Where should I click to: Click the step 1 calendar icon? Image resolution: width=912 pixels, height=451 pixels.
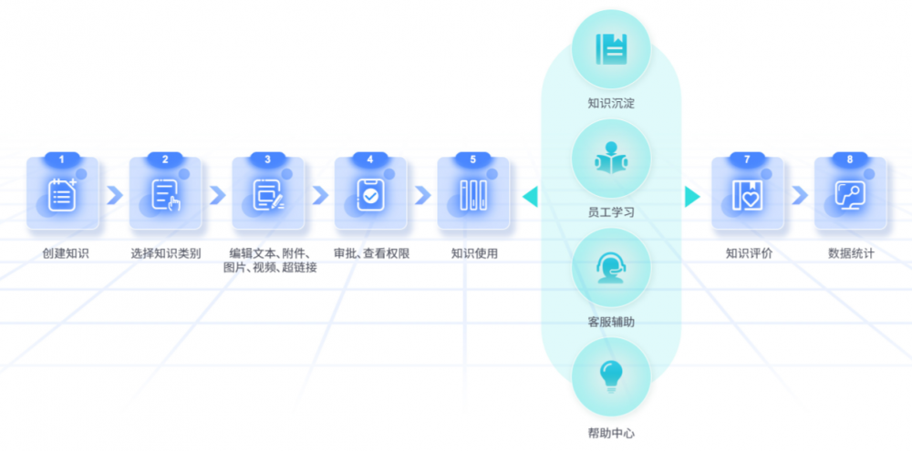pyautogui.click(x=63, y=195)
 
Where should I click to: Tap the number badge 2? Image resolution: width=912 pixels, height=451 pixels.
pyautogui.click(x=165, y=159)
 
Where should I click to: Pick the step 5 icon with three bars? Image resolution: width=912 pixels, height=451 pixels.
pyautogui.click(x=473, y=195)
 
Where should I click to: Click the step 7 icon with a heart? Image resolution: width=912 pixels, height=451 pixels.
pyautogui.click(x=748, y=195)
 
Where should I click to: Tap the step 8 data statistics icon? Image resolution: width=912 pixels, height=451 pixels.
pyautogui.click(x=850, y=195)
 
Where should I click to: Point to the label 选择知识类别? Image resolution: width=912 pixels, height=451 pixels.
pyautogui.click(x=166, y=253)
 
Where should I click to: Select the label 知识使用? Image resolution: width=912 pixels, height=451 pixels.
pyautogui.click(x=474, y=253)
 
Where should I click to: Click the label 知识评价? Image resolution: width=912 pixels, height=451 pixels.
pyautogui.click(x=749, y=253)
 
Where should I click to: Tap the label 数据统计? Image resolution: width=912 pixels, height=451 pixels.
pyautogui.click(x=851, y=253)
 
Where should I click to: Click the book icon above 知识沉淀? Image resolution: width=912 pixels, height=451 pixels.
pyautogui.click(x=611, y=49)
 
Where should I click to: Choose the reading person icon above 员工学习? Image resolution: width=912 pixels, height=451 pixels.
pyautogui.click(x=611, y=158)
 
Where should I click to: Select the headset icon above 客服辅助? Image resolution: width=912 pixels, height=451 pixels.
pyautogui.click(x=611, y=267)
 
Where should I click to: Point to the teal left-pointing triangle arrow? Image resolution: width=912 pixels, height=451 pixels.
pyautogui.click(x=530, y=197)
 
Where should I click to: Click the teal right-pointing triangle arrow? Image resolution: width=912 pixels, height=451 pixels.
pyautogui.click(x=692, y=197)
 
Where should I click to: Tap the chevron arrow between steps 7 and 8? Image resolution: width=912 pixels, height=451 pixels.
pyautogui.click(x=800, y=196)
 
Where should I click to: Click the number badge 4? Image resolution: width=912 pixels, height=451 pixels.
pyautogui.click(x=370, y=159)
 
